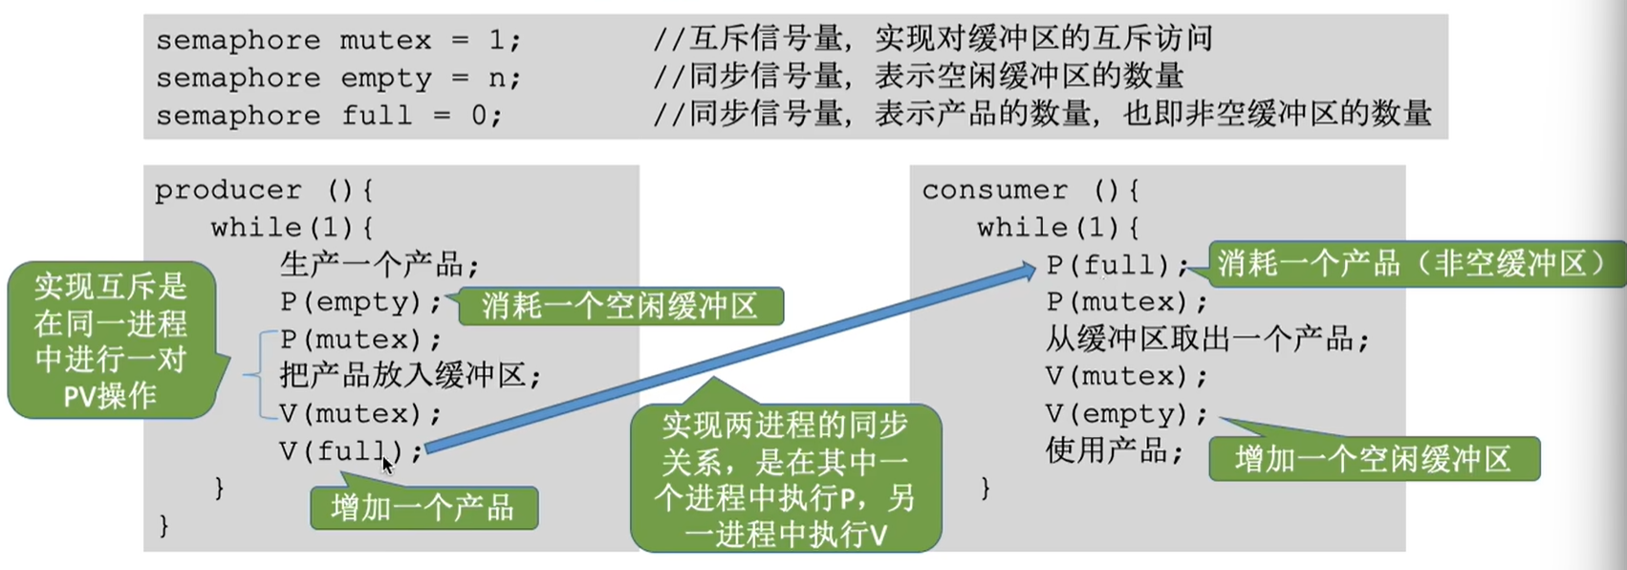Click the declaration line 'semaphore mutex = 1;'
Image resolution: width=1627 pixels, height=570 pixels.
click(338, 40)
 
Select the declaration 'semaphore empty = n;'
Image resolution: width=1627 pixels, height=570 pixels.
click(338, 77)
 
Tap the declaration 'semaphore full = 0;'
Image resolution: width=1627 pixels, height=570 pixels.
click(329, 116)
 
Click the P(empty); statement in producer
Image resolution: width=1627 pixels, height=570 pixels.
click(360, 302)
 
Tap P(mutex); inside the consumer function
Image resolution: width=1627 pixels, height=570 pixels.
click(1126, 302)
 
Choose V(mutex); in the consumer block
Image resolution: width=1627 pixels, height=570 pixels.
click(1126, 376)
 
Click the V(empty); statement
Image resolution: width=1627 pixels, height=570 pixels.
click(1126, 413)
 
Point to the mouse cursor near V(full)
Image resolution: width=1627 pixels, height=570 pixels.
click(387, 465)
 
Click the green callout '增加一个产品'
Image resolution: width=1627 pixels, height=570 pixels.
click(423, 508)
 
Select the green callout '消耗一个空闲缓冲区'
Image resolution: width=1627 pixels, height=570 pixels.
click(620, 306)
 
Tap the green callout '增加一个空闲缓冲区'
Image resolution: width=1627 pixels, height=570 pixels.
click(1374, 459)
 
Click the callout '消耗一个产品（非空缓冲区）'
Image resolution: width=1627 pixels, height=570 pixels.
click(1415, 264)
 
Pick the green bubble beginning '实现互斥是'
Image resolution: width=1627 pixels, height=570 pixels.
click(111, 340)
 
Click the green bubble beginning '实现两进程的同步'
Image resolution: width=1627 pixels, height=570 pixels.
click(785, 478)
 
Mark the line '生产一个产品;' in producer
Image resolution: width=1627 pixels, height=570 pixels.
click(379, 265)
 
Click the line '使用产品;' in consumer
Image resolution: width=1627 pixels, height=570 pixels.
click(1115, 450)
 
